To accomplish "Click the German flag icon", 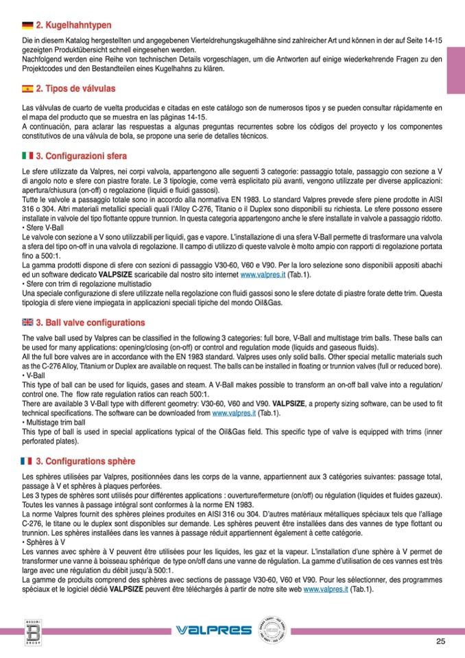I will coord(27,25).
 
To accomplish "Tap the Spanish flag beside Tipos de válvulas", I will coord(27,89).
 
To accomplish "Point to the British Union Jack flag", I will coord(27,322).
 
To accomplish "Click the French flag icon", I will coord(27,460).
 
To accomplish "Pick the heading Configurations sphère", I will coord(85,460).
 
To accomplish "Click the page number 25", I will coord(440,642).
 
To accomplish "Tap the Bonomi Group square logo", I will coord(31,630).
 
